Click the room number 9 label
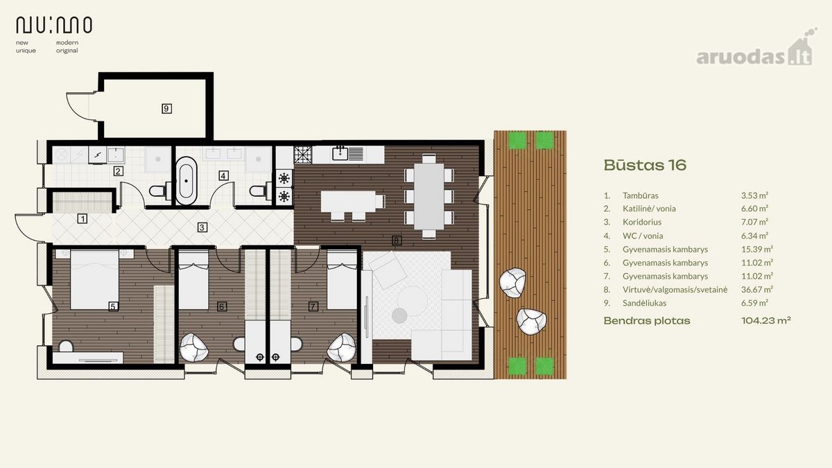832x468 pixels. pyautogui.click(x=166, y=108)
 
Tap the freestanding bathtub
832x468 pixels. pyautogui.click(x=186, y=181)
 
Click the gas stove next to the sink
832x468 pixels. pyautogui.click(x=303, y=155)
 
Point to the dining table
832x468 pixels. pyautogui.click(x=429, y=196)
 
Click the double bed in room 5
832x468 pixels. pyautogui.click(x=94, y=279)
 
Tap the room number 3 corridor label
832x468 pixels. pyautogui.click(x=202, y=227)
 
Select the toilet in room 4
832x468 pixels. pyautogui.click(x=261, y=191)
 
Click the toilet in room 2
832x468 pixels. pyautogui.click(x=160, y=191)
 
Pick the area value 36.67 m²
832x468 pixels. pyautogui.click(x=757, y=289)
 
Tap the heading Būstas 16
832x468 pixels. pyautogui.click(x=645, y=165)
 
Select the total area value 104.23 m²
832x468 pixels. pyautogui.click(x=766, y=320)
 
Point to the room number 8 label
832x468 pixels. pyautogui.click(x=397, y=241)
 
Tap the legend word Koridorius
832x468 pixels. pyautogui.click(x=642, y=222)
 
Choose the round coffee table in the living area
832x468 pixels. pyautogui.click(x=413, y=300)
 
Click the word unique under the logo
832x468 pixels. pyautogui.click(x=26, y=51)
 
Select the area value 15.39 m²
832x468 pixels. pyautogui.click(x=757, y=249)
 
